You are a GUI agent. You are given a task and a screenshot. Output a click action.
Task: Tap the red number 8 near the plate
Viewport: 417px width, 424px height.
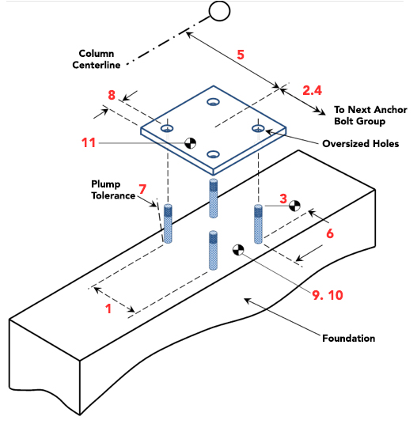point(112,97)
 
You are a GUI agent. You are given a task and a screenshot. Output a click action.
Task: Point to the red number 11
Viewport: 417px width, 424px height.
point(89,143)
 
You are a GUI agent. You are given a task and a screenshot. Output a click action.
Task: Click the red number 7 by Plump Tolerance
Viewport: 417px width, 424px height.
point(142,189)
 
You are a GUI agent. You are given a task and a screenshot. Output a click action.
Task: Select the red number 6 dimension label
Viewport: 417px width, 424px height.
point(330,233)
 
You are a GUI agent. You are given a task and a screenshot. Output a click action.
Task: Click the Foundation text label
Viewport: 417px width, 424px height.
point(348,339)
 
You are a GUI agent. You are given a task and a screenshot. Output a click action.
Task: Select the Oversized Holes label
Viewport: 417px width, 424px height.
point(360,143)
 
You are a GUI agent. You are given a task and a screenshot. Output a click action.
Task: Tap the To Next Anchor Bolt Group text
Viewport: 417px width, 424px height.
point(369,115)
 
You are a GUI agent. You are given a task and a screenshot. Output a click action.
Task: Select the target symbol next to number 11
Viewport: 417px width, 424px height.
point(190,143)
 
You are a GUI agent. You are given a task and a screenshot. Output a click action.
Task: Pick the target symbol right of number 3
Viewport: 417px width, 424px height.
point(294,206)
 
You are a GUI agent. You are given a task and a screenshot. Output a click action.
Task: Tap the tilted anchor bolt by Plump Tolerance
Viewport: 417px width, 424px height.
point(167,224)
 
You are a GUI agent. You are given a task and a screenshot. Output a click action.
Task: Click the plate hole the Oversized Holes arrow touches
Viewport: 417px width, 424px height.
point(257,127)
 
